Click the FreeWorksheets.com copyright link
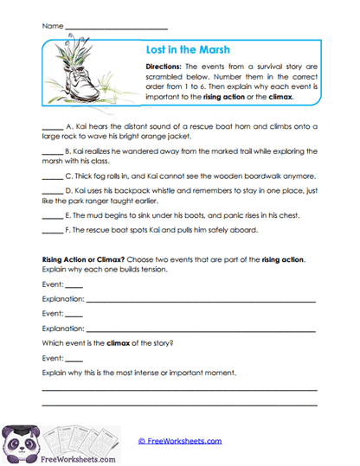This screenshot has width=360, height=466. (179, 440)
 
